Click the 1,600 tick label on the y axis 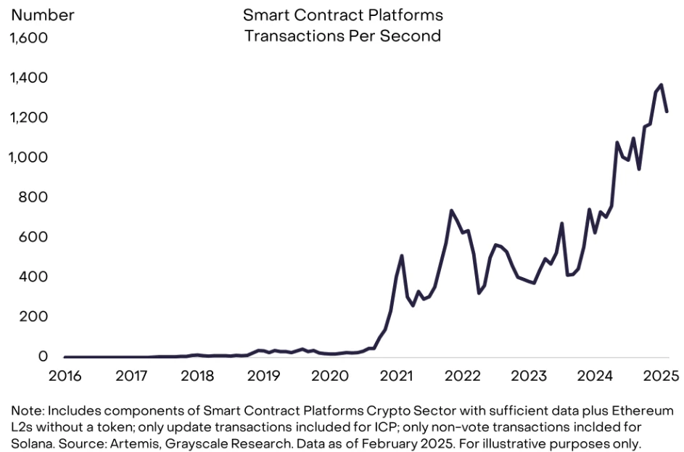pyautogui.click(x=28, y=37)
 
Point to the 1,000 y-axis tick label pyautogui.click(x=28, y=157)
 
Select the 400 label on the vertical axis pyautogui.click(x=33, y=277)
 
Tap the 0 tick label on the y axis pyautogui.click(x=43, y=357)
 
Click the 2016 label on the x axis pyautogui.click(x=65, y=376)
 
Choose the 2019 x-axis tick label pyautogui.click(x=264, y=376)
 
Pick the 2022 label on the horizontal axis pyautogui.click(x=462, y=376)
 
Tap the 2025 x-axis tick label pyautogui.click(x=661, y=376)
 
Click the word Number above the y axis pyautogui.click(x=41, y=15)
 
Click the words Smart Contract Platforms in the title pyautogui.click(x=342, y=15)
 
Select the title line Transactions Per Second pyautogui.click(x=342, y=36)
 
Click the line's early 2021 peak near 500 pyautogui.click(x=402, y=255)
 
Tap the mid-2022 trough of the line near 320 pyautogui.click(x=479, y=293)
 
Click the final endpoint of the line pyautogui.click(x=667, y=112)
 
